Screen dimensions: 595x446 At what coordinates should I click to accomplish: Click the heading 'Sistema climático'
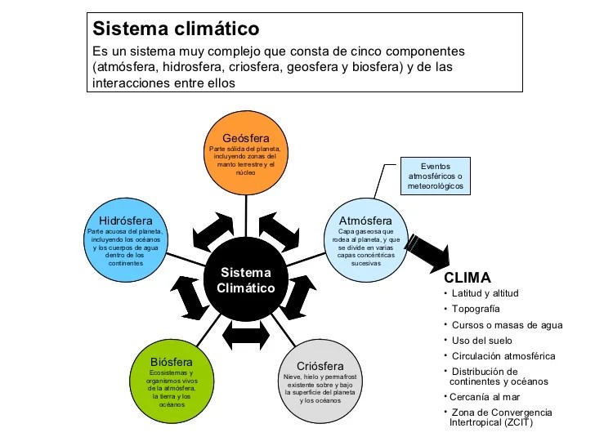click(x=176, y=29)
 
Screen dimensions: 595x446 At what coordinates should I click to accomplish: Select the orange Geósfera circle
click(x=246, y=153)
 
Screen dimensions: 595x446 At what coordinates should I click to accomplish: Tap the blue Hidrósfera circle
click(x=126, y=240)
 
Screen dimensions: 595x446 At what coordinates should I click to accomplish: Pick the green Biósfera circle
click(x=172, y=381)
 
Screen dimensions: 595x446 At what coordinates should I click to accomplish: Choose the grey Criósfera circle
click(x=320, y=381)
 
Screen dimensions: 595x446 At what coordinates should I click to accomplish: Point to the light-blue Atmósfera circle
click(x=366, y=240)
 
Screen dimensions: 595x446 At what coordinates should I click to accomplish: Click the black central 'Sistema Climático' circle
click(x=246, y=279)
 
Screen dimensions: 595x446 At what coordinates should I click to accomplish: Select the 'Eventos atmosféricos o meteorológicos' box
click(x=436, y=176)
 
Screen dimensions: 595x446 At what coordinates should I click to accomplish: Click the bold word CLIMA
click(x=467, y=278)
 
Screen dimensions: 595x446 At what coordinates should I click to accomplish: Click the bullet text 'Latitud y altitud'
click(x=485, y=293)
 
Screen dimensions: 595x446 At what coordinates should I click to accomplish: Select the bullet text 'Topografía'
click(x=476, y=309)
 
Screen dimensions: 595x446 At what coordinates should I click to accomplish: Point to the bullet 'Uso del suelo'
click(x=482, y=341)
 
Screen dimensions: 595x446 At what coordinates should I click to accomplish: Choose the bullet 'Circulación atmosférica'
click(x=503, y=356)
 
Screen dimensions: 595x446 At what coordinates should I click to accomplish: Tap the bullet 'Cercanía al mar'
click(x=485, y=397)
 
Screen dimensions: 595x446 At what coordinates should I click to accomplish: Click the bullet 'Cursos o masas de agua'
click(x=508, y=325)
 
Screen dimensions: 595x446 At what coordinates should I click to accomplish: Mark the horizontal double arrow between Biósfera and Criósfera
click(x=246, y=335)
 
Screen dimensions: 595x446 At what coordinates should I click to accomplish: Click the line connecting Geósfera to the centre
click(x=246, y=216)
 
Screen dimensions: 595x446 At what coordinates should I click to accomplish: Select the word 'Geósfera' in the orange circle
click(x=246, y=138)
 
